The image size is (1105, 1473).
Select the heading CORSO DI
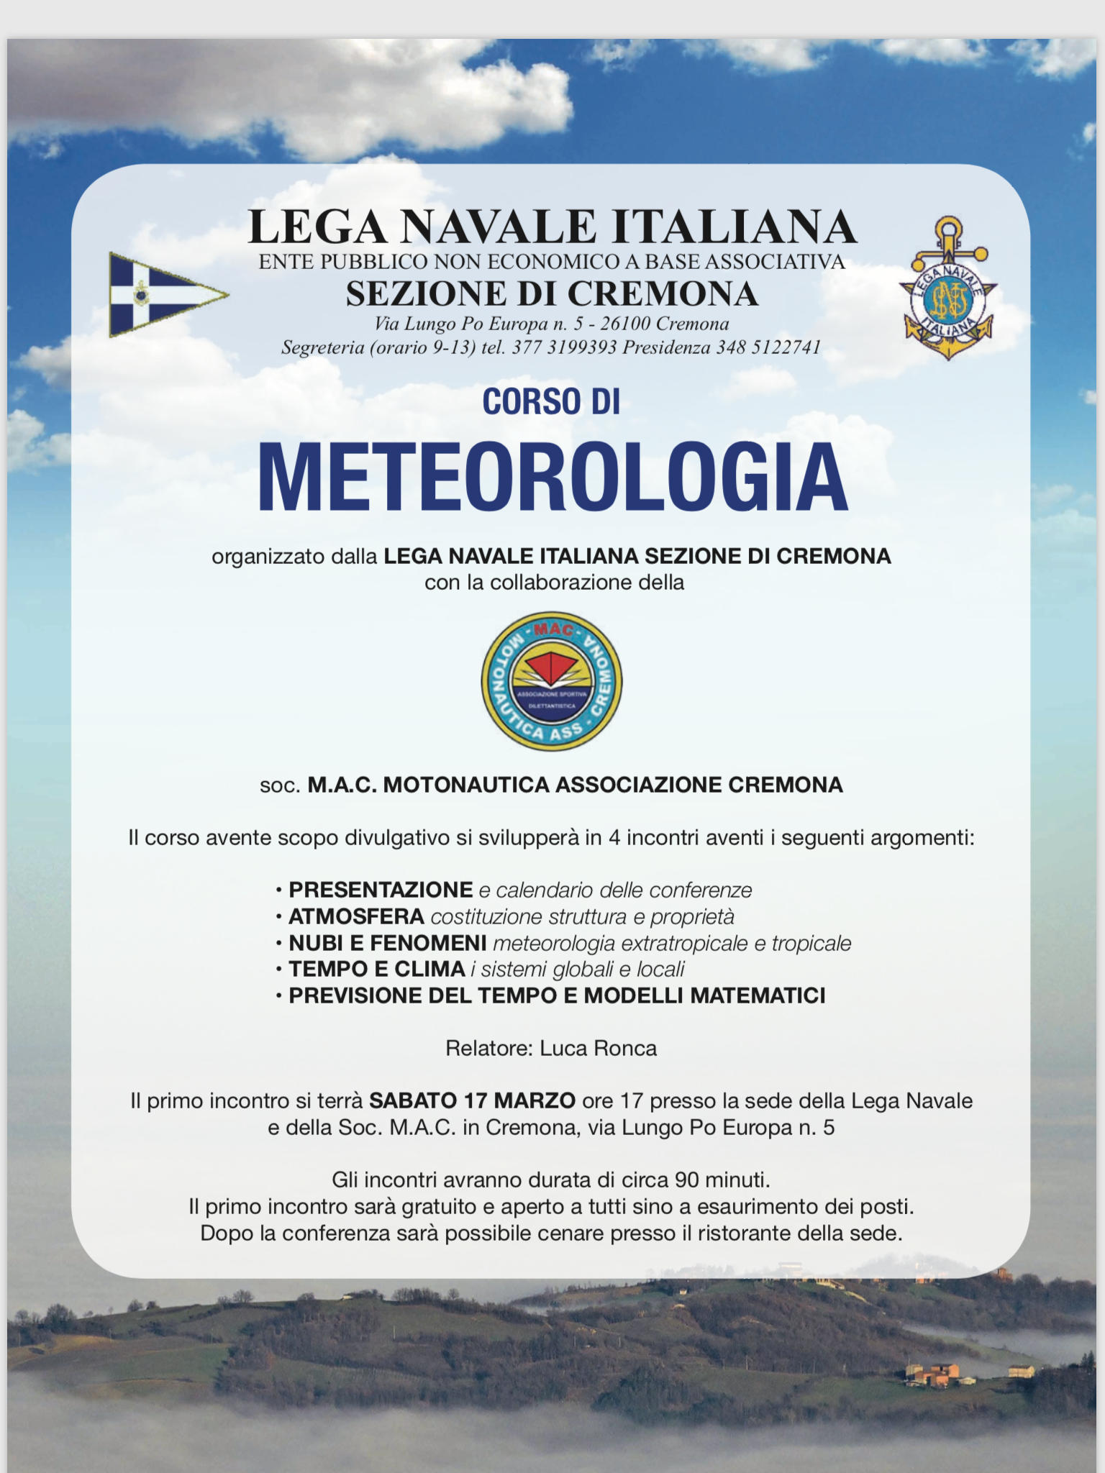click(551, 401)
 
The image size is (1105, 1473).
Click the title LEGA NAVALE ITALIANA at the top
click(552, 227)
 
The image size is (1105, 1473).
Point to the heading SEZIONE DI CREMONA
click(552, 293)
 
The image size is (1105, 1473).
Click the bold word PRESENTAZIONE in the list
click(381, 890)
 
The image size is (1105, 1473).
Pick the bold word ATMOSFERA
click(356, 916)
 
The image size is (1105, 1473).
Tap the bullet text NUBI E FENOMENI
click(388, 943)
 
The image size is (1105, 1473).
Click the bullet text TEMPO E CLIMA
click(376, 969)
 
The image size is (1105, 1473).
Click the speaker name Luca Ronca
click(598, 1048)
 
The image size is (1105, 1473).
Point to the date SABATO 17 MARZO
click(472, 1100)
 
